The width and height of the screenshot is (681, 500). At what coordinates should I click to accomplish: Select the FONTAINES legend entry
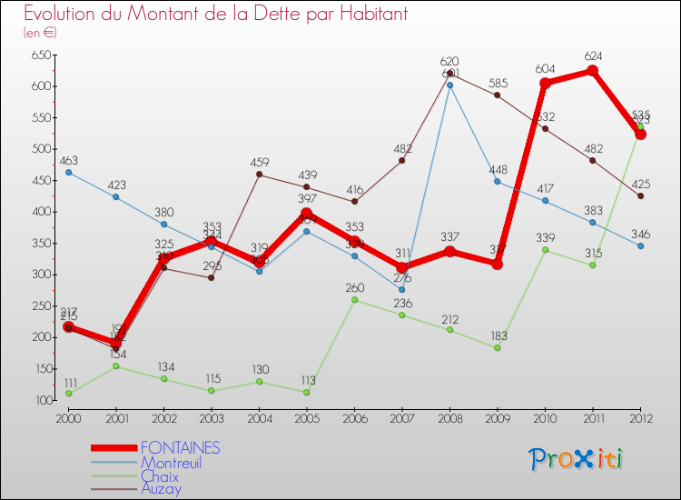coord(180,448)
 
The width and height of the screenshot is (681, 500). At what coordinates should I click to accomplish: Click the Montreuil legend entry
coord(171,463)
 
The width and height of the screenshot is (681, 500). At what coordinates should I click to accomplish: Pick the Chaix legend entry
coord(160,476)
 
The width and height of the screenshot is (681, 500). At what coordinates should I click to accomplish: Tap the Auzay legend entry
coord(161,489)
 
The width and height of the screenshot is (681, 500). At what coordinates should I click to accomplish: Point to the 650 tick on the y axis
coord(39,55)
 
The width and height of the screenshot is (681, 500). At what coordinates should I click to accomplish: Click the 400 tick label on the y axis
coord(39,212)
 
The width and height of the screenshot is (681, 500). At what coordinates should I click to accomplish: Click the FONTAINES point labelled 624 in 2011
coord(592,71)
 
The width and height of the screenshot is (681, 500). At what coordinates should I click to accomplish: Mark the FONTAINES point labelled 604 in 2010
coord(545,84)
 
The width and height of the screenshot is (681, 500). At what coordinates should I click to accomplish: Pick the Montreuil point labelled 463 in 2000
coord(68,172)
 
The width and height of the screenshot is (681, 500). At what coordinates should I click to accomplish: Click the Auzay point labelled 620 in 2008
coord(449,74)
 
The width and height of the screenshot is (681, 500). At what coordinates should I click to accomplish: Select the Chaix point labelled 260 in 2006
coord(354,299)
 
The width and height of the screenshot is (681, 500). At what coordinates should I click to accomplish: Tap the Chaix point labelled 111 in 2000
coord(68,393)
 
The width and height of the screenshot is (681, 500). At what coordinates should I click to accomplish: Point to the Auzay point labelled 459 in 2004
coord(259,175)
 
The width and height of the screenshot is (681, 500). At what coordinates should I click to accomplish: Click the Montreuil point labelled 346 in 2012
coord(640,245)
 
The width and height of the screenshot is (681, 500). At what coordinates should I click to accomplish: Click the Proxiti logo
coord(577,459)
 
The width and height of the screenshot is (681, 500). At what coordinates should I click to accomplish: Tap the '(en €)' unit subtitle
coord(40,33)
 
